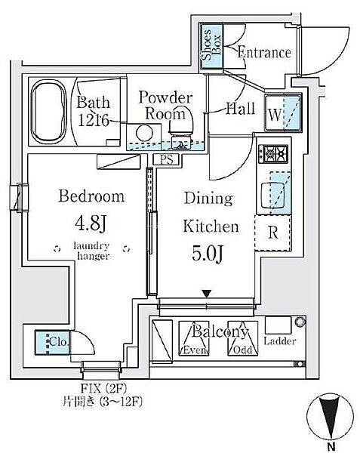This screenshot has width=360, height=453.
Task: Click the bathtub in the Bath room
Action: [49, 110]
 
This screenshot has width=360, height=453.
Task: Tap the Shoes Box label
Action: [211, 45]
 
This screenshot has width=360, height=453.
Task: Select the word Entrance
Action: [264, 53]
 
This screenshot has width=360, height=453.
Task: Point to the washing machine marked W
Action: [283, 112]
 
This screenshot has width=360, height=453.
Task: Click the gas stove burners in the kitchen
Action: [273, 154]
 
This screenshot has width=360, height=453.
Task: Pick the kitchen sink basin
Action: [272, 195]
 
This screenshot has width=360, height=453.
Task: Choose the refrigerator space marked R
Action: [272, 233]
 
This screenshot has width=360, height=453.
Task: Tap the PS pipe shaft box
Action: [166, 159]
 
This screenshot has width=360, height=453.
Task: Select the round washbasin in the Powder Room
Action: [144, 134]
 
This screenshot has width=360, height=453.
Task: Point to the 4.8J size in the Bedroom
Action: [91, 223]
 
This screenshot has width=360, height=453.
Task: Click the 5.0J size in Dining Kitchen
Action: [208, 254]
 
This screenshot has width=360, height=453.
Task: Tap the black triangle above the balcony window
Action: [207, 294]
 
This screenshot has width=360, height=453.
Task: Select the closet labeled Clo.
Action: [52, 342]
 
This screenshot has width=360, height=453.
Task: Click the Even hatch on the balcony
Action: [194, 338]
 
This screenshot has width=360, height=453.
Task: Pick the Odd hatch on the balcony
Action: [243, 338]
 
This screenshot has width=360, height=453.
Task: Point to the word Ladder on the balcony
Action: [280, 341]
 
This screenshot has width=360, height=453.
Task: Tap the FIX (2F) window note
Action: [103, 388]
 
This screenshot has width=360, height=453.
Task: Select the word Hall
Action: [241, 109]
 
